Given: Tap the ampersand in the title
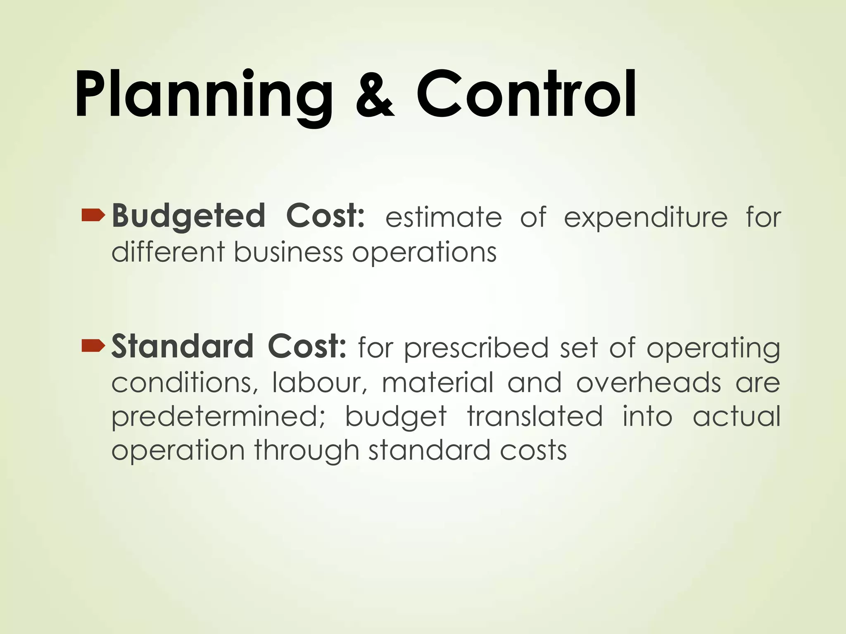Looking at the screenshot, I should pyautogui.click(x=375, y=96).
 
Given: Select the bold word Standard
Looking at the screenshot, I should pyautogui.click(x=182, y=347).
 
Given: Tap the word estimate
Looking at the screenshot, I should pyautogui.click(x=444, y=218).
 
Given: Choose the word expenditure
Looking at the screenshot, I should pyautogui.click(x=646, y=218).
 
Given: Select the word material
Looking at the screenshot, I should pyautogui.click(x=438, y=383).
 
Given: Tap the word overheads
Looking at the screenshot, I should pyautogui.click(x=649, y=383).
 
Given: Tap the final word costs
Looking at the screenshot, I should pyautogui.click(x=533, y=451).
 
